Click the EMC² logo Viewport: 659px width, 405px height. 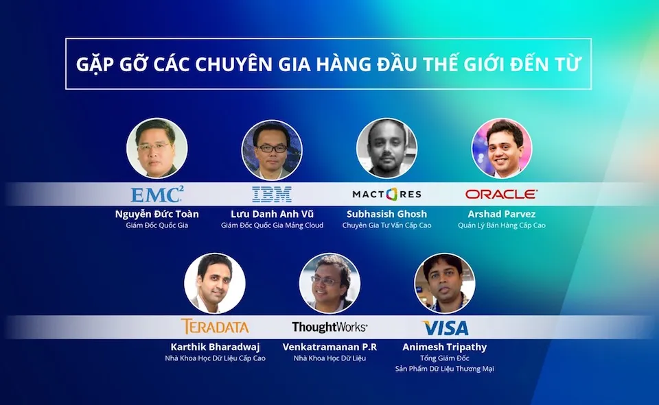(x=157, y=195)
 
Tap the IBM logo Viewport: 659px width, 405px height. (x=272, y=195)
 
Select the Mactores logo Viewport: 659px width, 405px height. (x=386, y=194)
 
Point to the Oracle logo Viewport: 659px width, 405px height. (x=501, y=194)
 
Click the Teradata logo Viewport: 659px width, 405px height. (x=215, y=326)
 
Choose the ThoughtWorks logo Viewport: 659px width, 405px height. (x=329, y=327)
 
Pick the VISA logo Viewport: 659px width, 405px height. (x=445, y=328)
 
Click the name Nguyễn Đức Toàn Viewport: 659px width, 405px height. (x=157, y=214)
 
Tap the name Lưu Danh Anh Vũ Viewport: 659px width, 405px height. (x=272, y=214)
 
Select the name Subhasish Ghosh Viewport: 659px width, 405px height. (x=386, y=214)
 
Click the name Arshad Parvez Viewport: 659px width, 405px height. (x=501, y=214)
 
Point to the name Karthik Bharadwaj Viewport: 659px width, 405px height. (x=215, y=347)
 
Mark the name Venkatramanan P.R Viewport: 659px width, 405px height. (x=329, y=347)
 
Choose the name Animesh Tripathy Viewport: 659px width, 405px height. (x=445, y=347)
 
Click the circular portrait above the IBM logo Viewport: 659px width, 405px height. (x=272, y=150)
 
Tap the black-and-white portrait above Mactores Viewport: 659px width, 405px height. (x=386, y=148)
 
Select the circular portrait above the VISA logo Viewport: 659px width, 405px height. (x=445, y=283)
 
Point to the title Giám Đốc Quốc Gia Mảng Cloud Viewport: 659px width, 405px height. (x=272, y=225)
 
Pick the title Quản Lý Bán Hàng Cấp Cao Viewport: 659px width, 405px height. (x=501, y=225)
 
